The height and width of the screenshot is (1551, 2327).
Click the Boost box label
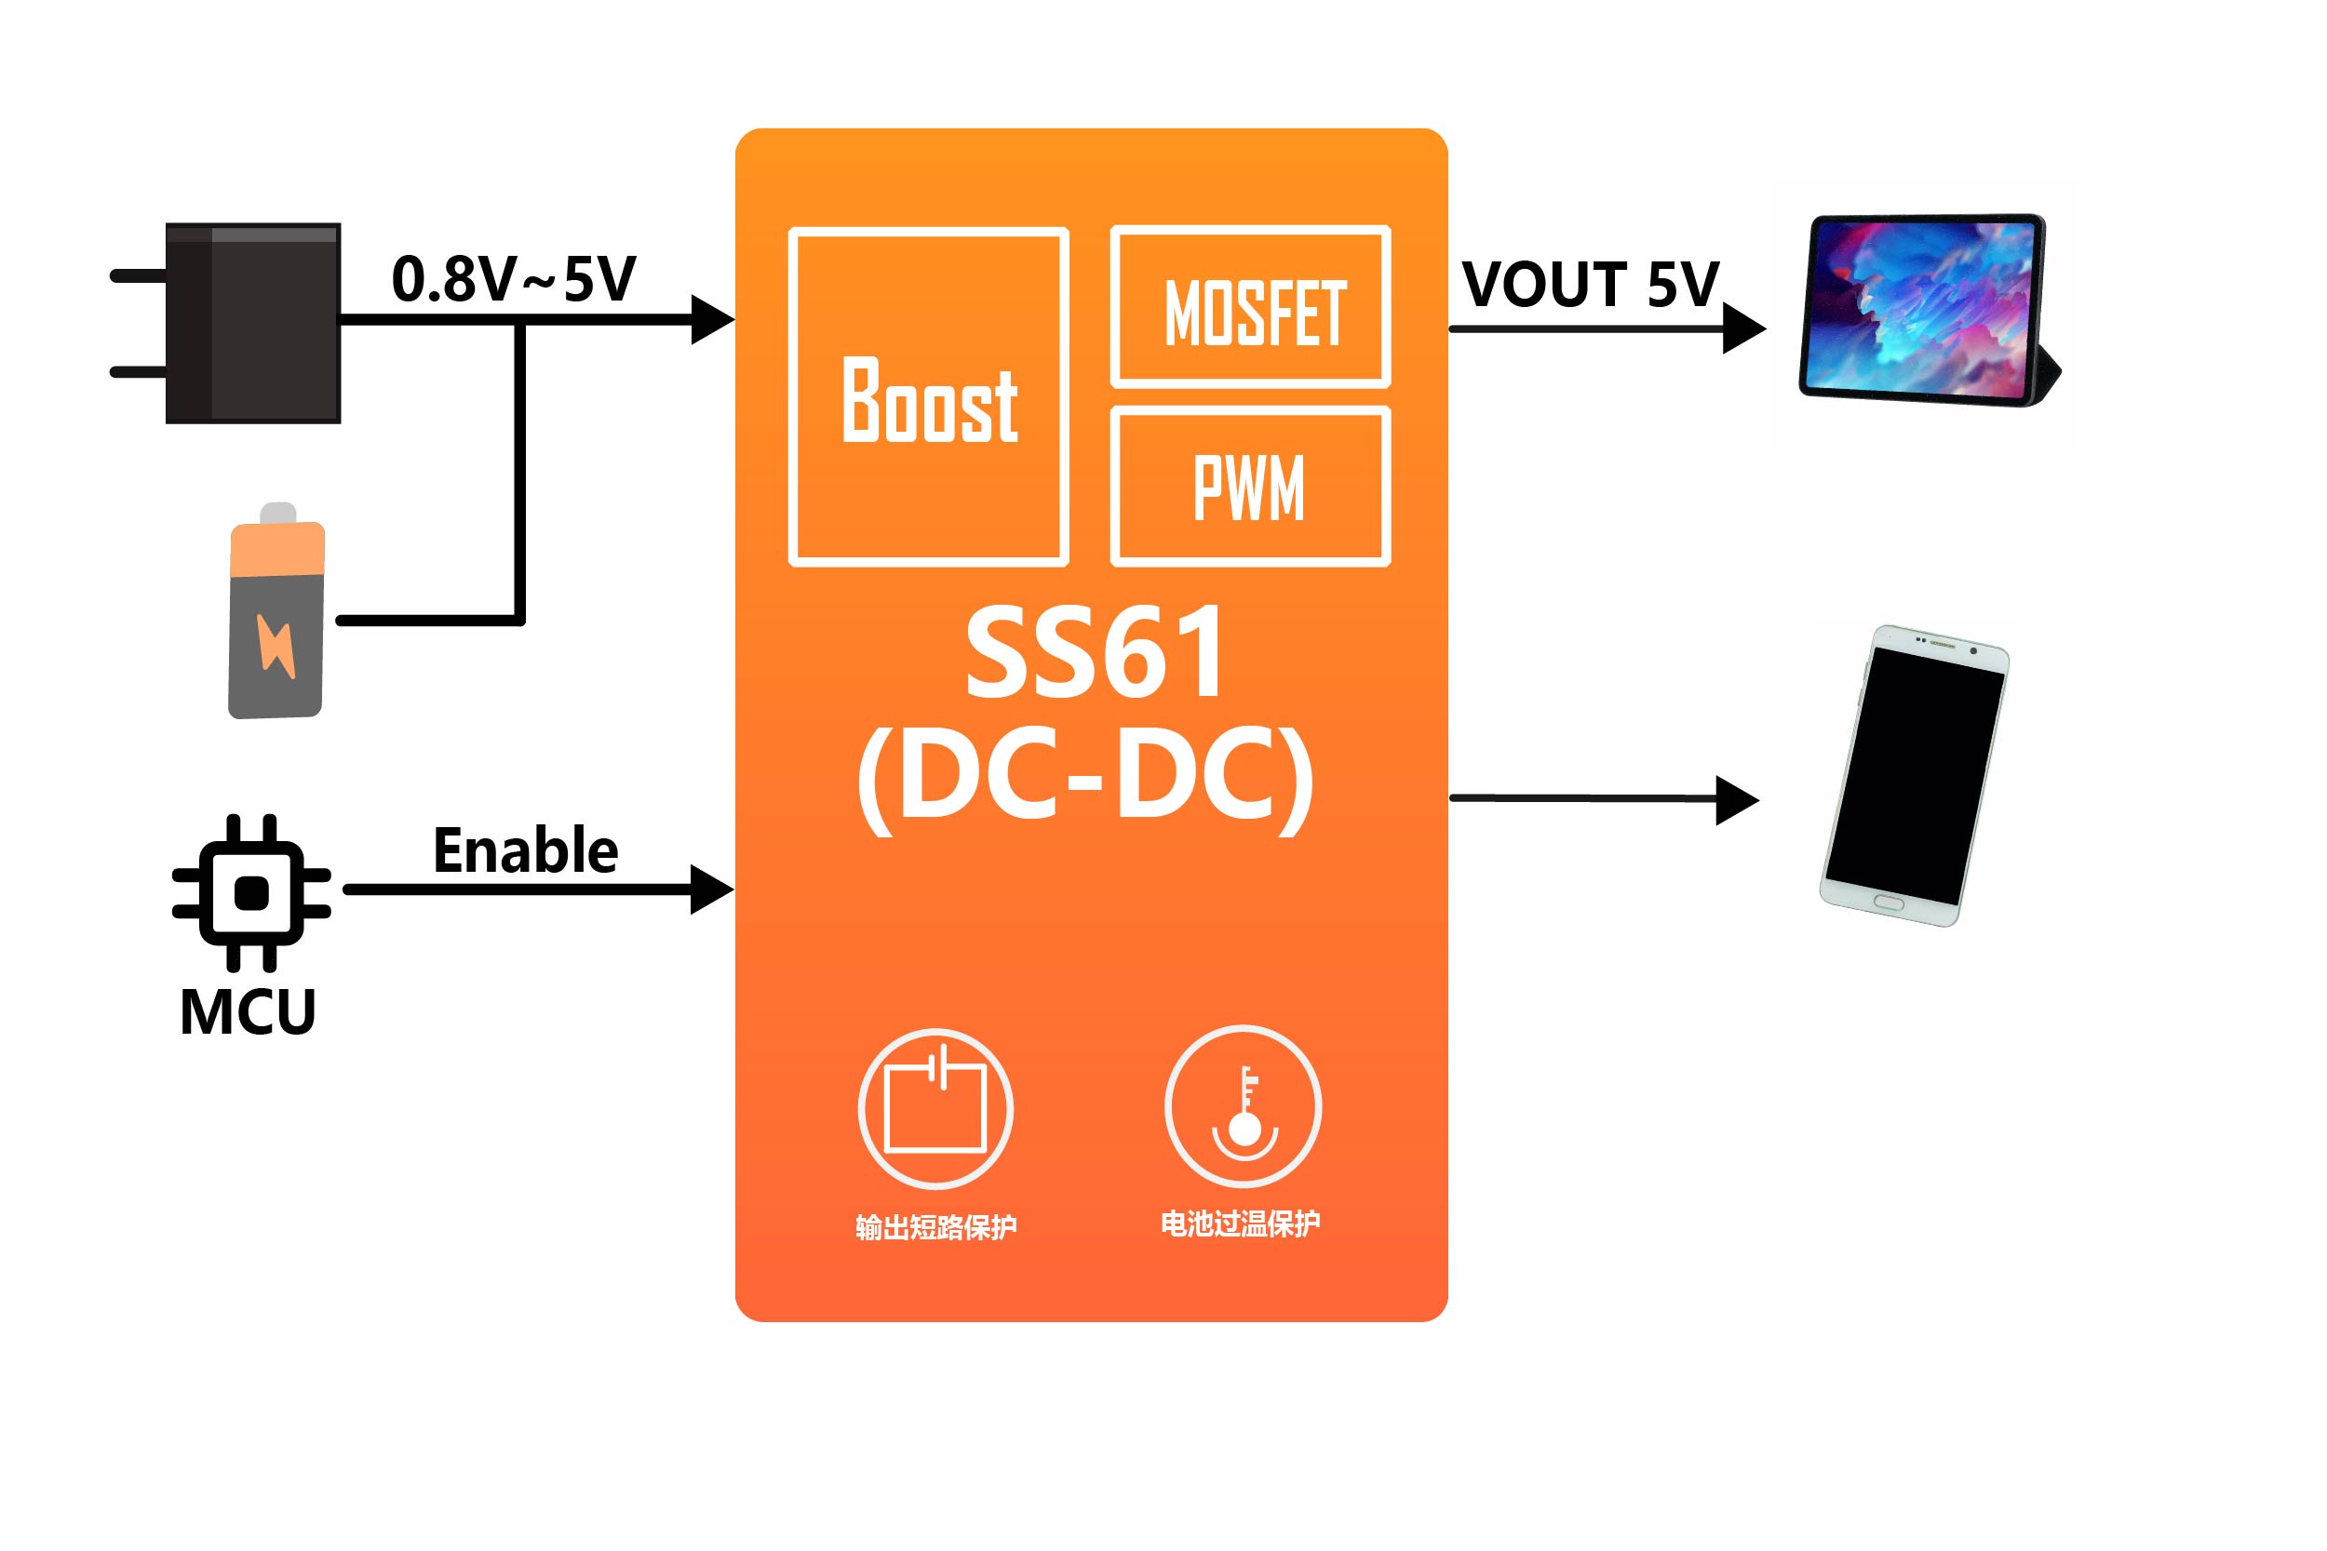coord(929,400)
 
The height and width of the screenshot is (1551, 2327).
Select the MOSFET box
coord(1251,308)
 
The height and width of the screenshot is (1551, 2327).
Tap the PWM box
coord(1251,487)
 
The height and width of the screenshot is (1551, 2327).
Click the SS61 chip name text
coord(1095,653)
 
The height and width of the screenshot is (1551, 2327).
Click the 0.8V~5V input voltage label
coord(514,279)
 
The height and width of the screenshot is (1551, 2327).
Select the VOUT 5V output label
coord(1590,285)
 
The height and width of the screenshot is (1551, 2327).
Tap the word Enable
coord(525,850)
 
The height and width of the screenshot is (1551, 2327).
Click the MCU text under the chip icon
coord(248,1012)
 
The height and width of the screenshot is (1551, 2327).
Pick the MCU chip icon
coord(251,893)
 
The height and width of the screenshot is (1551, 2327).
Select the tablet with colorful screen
coord(1924,310)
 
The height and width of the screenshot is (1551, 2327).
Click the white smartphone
coord(1915,776)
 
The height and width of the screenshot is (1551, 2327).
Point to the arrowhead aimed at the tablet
coord(1742,328)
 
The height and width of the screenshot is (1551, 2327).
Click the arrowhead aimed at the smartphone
coord(1736,799)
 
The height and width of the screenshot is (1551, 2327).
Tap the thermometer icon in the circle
coord(1243,1107)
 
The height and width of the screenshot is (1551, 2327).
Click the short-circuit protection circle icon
coord(935,1108)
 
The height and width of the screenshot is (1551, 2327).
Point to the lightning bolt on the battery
coord(276,646)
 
